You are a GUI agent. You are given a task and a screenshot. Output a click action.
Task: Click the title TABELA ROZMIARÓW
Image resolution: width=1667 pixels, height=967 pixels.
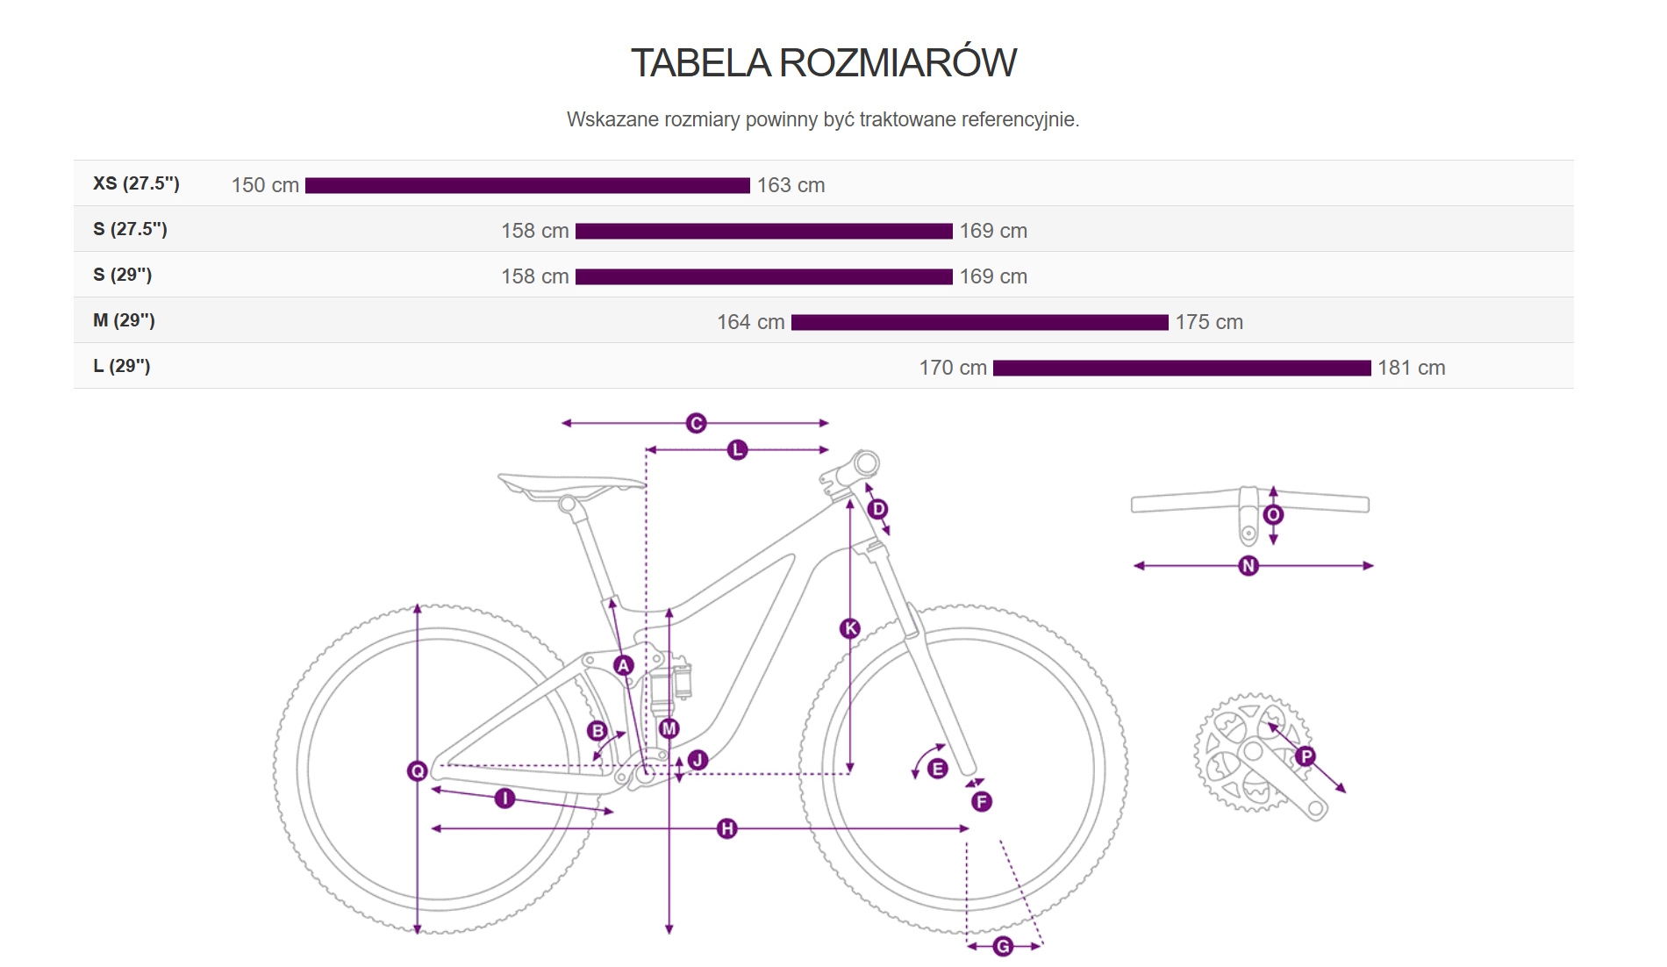823,63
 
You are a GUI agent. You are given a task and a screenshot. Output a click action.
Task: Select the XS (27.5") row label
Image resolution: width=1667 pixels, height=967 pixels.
136,183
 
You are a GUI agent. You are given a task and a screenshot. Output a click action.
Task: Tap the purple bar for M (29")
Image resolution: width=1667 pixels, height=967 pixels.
979,322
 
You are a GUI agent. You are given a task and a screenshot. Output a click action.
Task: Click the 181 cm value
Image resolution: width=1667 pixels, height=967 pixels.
1411,368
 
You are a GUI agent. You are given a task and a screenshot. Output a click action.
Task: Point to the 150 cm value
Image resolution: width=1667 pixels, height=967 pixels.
265,185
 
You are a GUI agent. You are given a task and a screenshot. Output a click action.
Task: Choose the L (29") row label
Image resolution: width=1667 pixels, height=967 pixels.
122,366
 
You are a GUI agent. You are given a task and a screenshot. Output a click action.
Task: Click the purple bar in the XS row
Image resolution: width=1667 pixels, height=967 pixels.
527,185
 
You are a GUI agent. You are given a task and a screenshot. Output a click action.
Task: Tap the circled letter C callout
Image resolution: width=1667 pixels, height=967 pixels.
696,423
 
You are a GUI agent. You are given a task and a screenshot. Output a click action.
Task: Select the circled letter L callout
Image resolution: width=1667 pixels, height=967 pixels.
737,450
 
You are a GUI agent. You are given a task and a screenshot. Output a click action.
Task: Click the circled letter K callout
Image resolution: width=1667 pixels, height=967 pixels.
849,628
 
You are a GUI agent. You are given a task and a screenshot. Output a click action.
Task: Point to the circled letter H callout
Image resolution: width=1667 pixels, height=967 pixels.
726,828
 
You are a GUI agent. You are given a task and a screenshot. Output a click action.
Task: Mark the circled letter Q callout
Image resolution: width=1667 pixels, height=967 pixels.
418,770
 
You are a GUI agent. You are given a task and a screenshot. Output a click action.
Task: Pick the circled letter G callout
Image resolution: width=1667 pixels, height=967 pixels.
1003,946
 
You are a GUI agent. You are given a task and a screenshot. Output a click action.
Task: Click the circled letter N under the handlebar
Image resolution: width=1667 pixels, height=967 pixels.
1248,566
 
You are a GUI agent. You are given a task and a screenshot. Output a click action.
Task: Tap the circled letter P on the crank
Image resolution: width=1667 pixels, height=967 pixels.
1306,756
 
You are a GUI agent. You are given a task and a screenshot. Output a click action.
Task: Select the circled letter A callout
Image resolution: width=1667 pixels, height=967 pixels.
624,665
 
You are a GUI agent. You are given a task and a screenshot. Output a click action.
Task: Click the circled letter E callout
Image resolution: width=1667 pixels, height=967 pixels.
937,769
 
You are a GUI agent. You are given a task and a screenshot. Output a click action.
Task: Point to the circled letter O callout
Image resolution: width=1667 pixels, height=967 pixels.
1273,514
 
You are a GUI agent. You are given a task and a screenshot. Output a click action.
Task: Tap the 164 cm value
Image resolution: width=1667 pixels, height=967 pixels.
750,322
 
